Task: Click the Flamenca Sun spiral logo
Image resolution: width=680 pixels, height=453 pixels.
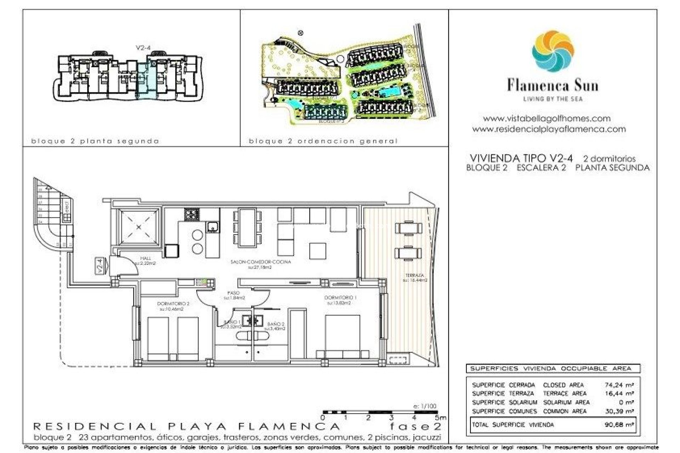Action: (552, 51)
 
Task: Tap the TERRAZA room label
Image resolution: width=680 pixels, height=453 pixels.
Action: (414, 275)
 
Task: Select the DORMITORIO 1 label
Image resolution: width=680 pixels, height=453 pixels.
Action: (340, 298)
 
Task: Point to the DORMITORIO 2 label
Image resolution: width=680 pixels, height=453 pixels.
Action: (173, 304)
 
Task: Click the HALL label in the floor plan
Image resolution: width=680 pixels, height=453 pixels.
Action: (145, 258)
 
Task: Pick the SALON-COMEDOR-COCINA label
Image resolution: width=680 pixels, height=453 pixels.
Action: (261, 262)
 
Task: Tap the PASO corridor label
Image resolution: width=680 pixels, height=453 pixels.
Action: (234, 293)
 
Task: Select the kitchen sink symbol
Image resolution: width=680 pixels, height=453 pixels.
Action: (212, 226)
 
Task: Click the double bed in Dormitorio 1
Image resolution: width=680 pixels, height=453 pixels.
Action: (343, 336)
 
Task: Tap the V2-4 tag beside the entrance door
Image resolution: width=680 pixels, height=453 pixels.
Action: (100, 266)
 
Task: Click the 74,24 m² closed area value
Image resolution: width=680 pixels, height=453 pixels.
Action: (619, 385)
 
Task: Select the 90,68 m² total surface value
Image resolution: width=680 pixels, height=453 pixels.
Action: (619, 424)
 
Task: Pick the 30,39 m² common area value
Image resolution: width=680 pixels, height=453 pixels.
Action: (619, 411)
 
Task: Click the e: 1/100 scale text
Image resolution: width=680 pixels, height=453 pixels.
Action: (425, 406)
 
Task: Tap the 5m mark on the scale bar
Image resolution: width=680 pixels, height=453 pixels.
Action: (441, 418)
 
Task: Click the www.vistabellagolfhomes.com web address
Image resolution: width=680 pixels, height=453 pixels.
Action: (547, 119)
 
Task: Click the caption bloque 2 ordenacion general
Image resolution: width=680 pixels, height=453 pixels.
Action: (323, 141)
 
